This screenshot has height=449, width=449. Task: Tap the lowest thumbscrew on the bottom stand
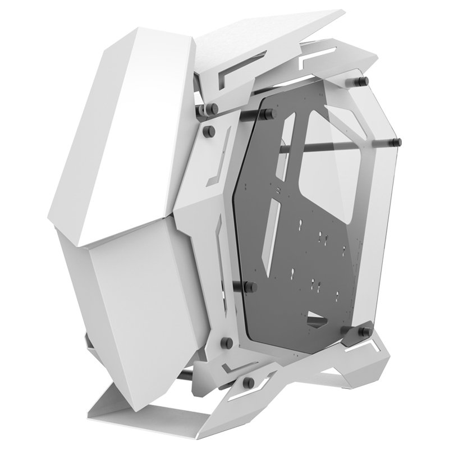(248, 382)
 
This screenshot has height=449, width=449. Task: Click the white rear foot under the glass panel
(359, 365)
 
